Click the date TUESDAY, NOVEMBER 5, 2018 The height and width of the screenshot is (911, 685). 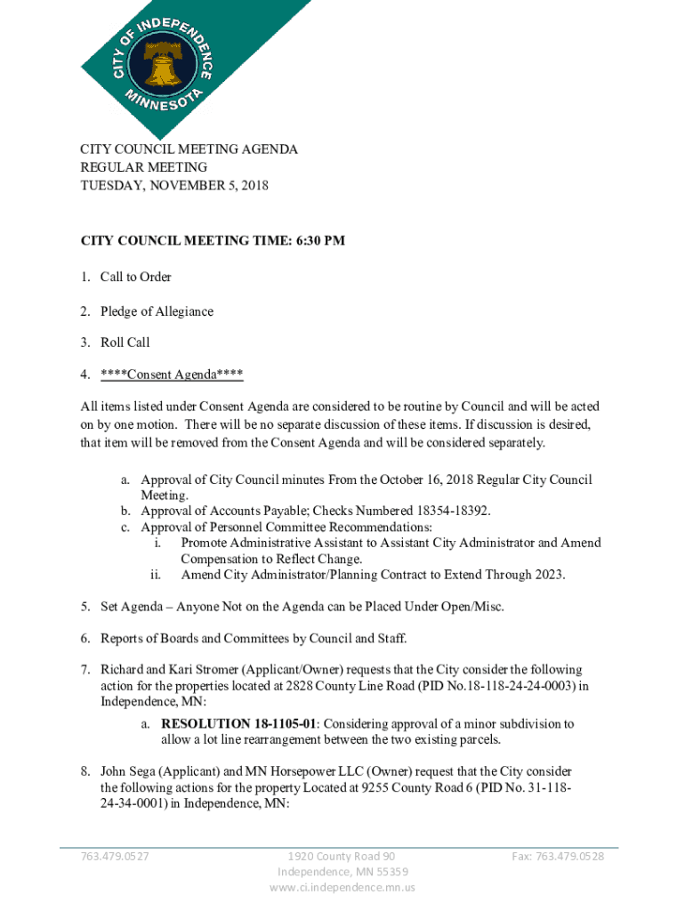pyautogui.click(x=174, y=185)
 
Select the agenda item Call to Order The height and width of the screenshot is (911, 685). pyautogui.click(x=135, y=277)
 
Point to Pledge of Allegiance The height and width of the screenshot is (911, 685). pyautogui.click(x=157, y=311)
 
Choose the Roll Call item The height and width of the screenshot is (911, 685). pyautogui.click(x=125, y=343)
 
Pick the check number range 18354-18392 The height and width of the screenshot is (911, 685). pyautogui.click(x=452, y=511)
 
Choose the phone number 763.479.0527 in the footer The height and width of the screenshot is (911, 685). pyautogui.click(x=115, y=857)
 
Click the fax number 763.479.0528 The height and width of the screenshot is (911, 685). pyautogui.click(x=558, y=857)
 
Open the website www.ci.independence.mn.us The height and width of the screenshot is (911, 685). pyautogui.click(x=342, y=887)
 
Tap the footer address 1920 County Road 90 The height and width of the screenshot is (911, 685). pyautogui.click(x=342, y=857)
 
